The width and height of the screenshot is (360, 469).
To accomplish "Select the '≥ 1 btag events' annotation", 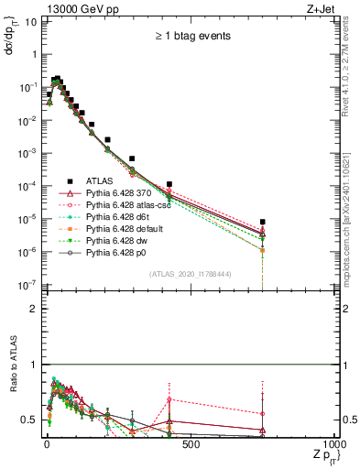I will coord(191,37).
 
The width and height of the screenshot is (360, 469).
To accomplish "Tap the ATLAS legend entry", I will coord(99,181).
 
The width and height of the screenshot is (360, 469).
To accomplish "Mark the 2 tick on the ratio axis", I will coord(33,310).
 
